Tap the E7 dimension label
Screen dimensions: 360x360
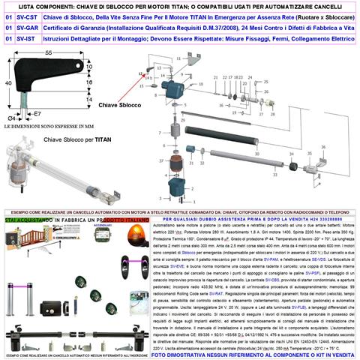[34, 115]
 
